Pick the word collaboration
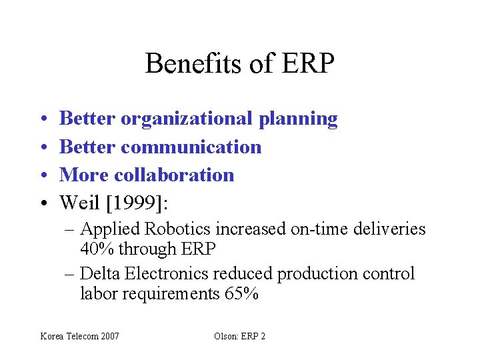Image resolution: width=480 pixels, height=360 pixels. [174, 175]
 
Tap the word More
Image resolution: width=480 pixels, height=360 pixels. [85, 175]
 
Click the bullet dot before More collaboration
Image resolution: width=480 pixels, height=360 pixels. [41, 175]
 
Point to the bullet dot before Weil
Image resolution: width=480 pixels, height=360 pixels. [41, 203]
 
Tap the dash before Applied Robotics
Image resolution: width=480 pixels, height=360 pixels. [71, 230]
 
